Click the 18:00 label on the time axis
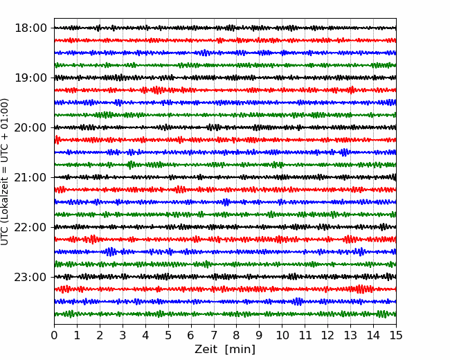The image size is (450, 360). (30, 28)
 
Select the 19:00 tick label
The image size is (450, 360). (30, 78)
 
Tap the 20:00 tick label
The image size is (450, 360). (30, 127)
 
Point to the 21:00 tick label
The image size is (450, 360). (30, 177)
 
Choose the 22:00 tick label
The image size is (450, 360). (30, 227)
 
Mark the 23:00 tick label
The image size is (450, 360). (30, 277)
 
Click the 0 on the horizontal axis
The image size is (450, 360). (54, 335)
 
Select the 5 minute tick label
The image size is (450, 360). (168, 335)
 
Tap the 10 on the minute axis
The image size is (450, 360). (282, 335)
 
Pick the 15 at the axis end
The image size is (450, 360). (396, 335)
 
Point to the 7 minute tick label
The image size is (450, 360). (214, 335)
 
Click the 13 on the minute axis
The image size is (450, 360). (351, 335)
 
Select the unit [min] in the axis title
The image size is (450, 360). (240, 350)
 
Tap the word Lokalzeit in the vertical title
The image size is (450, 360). (4, 203)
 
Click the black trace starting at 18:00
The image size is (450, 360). (225, 28)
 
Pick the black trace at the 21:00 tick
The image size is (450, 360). (225, 177)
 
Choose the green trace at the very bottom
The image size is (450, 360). (225, 314)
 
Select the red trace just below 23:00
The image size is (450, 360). (225, 289)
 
